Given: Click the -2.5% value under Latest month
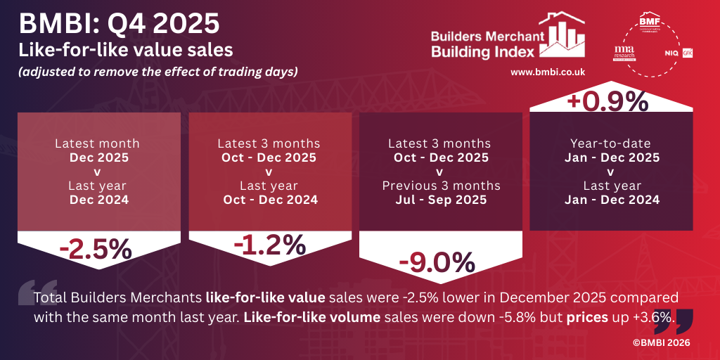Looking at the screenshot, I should [x=96, y=250].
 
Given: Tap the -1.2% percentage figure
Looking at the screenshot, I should [x=269, y=245].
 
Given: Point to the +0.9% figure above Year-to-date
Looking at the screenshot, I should [x=608, y=101].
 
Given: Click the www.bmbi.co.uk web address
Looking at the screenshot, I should [x=548, y=72].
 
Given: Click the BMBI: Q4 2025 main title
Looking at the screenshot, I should [x=119, y=24].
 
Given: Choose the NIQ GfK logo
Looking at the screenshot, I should [x=678, y=53].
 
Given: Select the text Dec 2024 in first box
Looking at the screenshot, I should [x=98, y=200].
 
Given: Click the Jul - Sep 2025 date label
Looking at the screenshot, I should [x=440, y=200].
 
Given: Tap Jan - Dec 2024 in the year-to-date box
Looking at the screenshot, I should [x=612, y=200].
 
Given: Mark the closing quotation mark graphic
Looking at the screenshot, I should [x=673, y=319].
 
